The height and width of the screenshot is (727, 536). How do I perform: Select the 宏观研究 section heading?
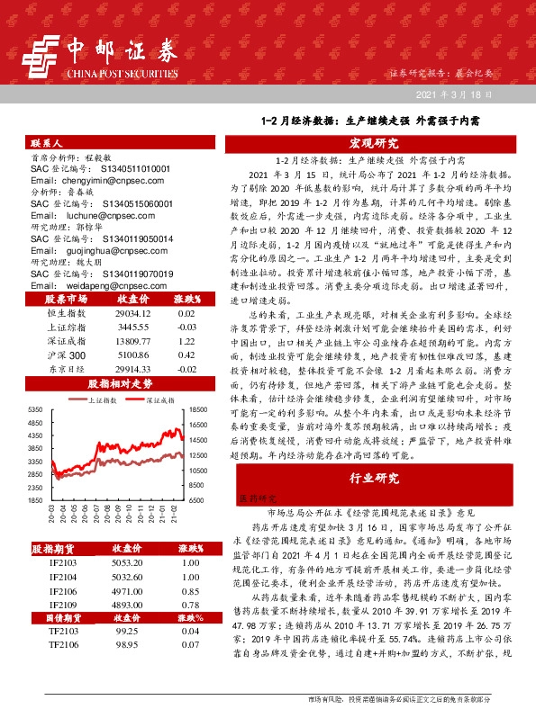(x=374, y=143)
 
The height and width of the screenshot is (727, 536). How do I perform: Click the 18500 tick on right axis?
(x=199, y=409)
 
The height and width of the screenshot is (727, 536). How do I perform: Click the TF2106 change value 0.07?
(x=188, y=646)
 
